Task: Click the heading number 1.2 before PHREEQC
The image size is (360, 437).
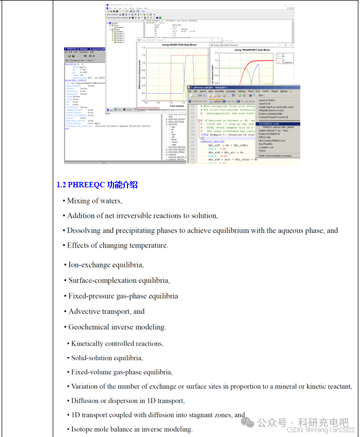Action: point(61,185)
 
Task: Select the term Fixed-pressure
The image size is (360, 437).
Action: point(90,296)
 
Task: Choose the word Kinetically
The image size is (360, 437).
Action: point(89,343)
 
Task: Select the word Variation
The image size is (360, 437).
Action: point(86,386)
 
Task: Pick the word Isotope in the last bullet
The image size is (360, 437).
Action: point(82,429)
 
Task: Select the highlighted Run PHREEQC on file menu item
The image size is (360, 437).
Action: point(272,123)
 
